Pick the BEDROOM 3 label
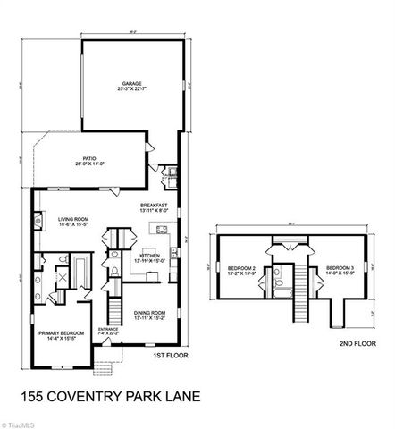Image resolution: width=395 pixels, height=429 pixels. (x=340, y=269)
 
